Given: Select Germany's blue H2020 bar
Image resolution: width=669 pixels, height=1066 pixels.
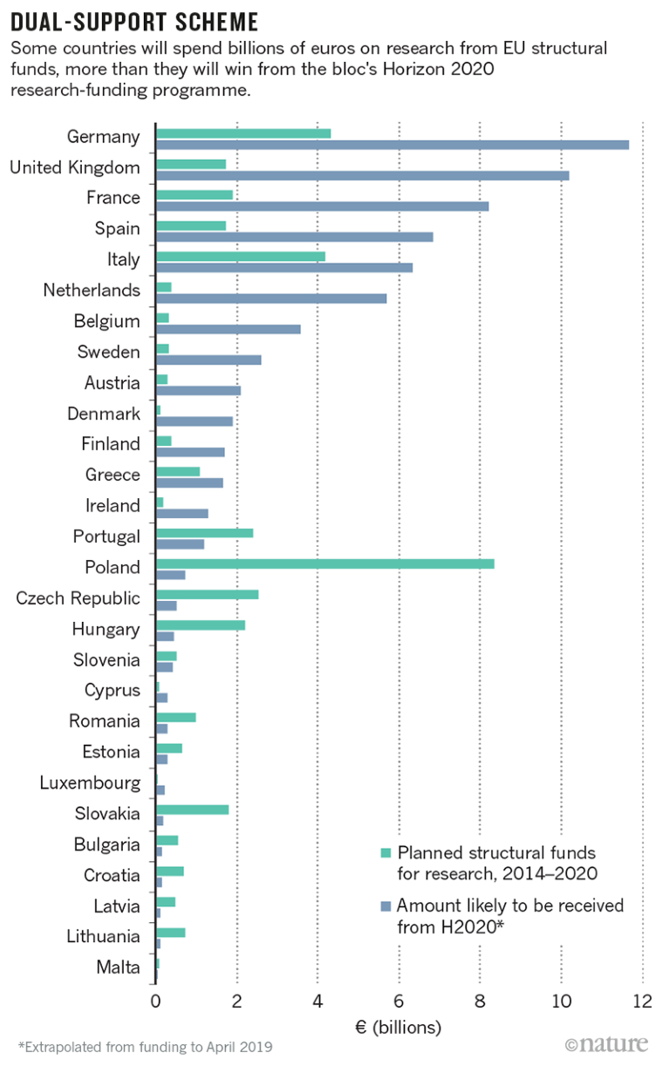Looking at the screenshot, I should tap(392, 145).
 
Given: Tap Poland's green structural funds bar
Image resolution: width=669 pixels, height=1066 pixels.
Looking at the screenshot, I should tap(324, 564).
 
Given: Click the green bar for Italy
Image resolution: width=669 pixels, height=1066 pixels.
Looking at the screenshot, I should tap(240, 256).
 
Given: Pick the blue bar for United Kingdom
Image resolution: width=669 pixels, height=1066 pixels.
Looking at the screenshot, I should tap(362, 175).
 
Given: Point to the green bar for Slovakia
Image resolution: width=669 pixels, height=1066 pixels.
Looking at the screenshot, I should tap(192, 810).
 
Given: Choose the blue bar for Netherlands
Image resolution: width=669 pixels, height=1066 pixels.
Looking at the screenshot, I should tap(270, 298).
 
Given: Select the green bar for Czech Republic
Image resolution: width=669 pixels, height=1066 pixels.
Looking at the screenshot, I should tap(207, 594).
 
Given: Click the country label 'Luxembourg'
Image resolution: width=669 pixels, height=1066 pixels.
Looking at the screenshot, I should tap(90, 782).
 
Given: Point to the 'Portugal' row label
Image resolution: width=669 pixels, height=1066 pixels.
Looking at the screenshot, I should tap(106, 536).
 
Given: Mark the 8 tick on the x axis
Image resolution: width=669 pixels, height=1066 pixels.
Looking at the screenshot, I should tap(481, 1001).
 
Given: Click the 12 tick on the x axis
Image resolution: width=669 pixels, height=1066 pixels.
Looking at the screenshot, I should tap(643, 1001).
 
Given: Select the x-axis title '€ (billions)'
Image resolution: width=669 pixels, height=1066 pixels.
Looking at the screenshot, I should tap(399, 1027).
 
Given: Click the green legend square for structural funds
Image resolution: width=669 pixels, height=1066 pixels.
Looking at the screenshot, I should tap(385, 852).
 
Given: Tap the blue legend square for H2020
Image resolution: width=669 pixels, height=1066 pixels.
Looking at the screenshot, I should tap(385, 905).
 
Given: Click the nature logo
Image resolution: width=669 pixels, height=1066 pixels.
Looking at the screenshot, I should tap(607, 1043).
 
